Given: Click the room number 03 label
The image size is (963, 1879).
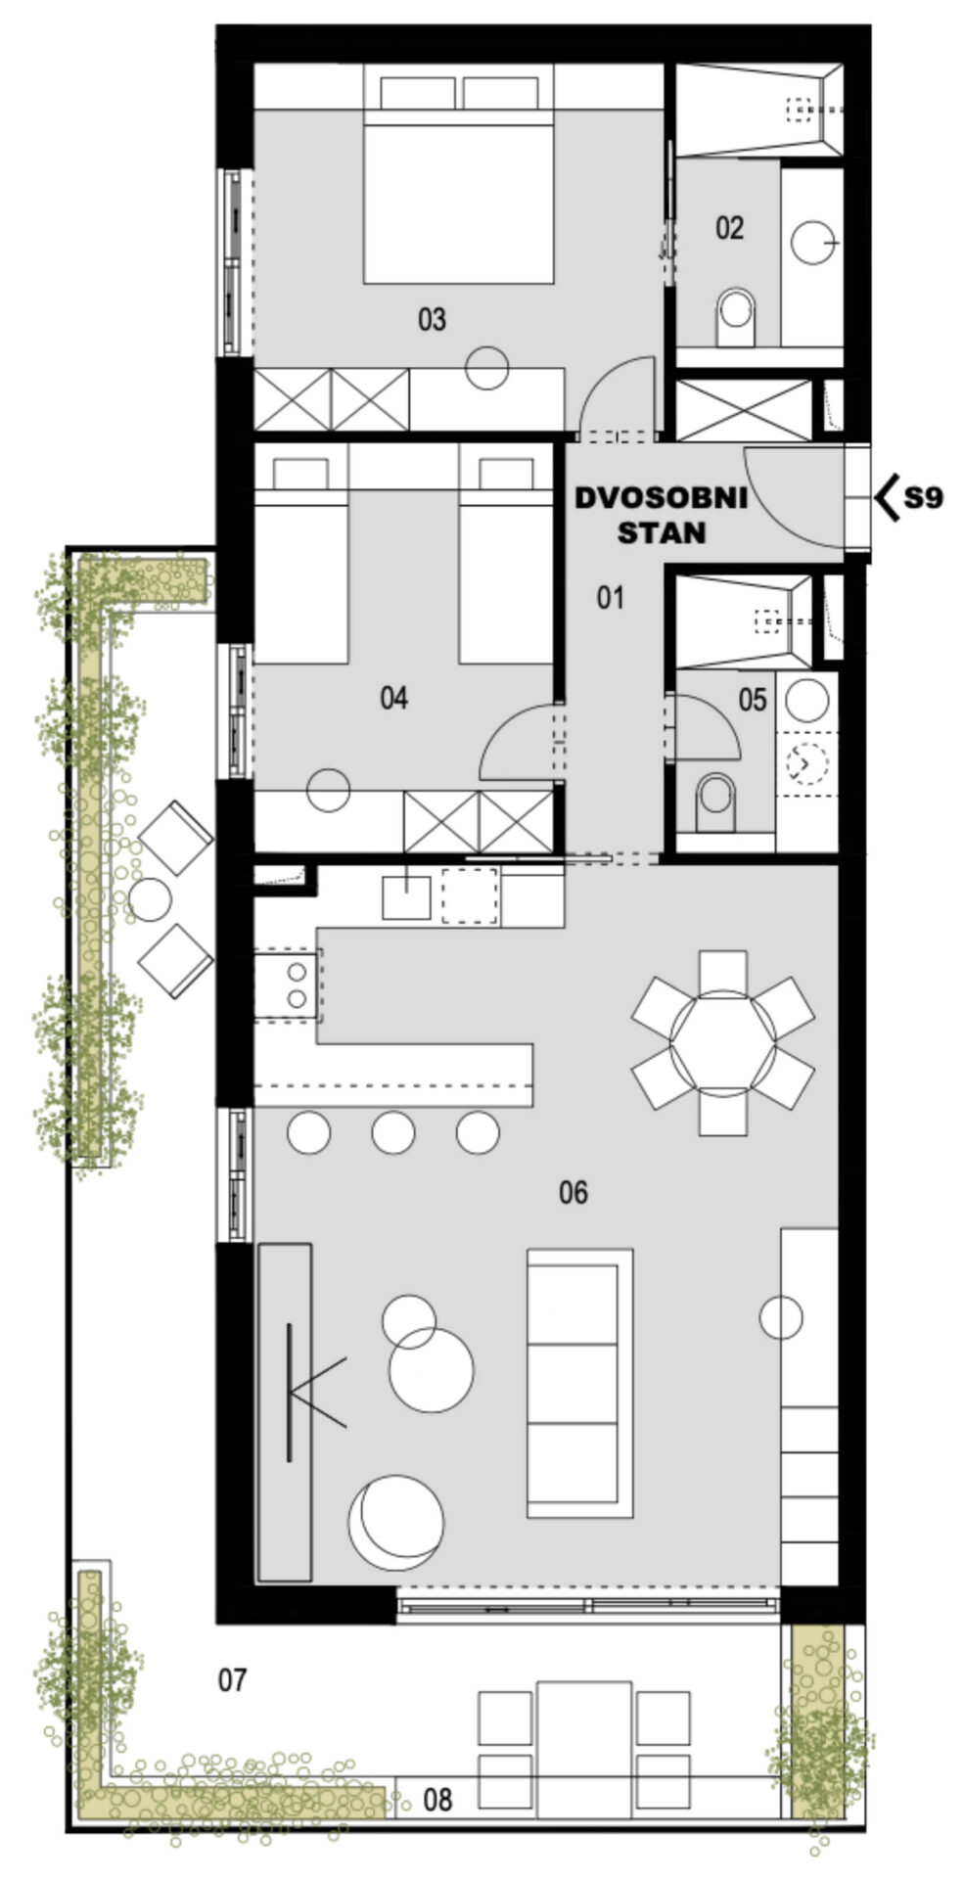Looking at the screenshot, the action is (x=432, y=319).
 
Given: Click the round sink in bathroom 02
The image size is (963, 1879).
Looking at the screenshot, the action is (x=814, y=242).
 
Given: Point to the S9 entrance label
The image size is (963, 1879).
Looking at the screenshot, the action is (x=923, y=498).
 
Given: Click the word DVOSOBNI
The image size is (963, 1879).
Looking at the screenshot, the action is (x=661, y=498).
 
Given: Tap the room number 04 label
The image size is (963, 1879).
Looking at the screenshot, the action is (x=393, y=698).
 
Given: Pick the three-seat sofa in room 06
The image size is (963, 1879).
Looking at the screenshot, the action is (x=579, y=1383).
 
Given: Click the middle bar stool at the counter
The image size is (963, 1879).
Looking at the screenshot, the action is (x=393, y=1133).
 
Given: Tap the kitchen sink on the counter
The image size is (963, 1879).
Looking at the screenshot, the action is (x=406, y=896).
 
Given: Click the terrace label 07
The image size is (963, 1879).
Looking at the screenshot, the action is (x=232, y=1681).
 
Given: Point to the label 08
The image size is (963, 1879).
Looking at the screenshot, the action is (x=438, y=1799).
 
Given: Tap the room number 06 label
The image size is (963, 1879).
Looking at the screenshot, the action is (x=573, y=1193).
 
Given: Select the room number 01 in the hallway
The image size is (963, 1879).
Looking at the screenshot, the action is (x=611, y=597).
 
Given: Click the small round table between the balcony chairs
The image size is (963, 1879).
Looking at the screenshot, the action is (x=150, y=899).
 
